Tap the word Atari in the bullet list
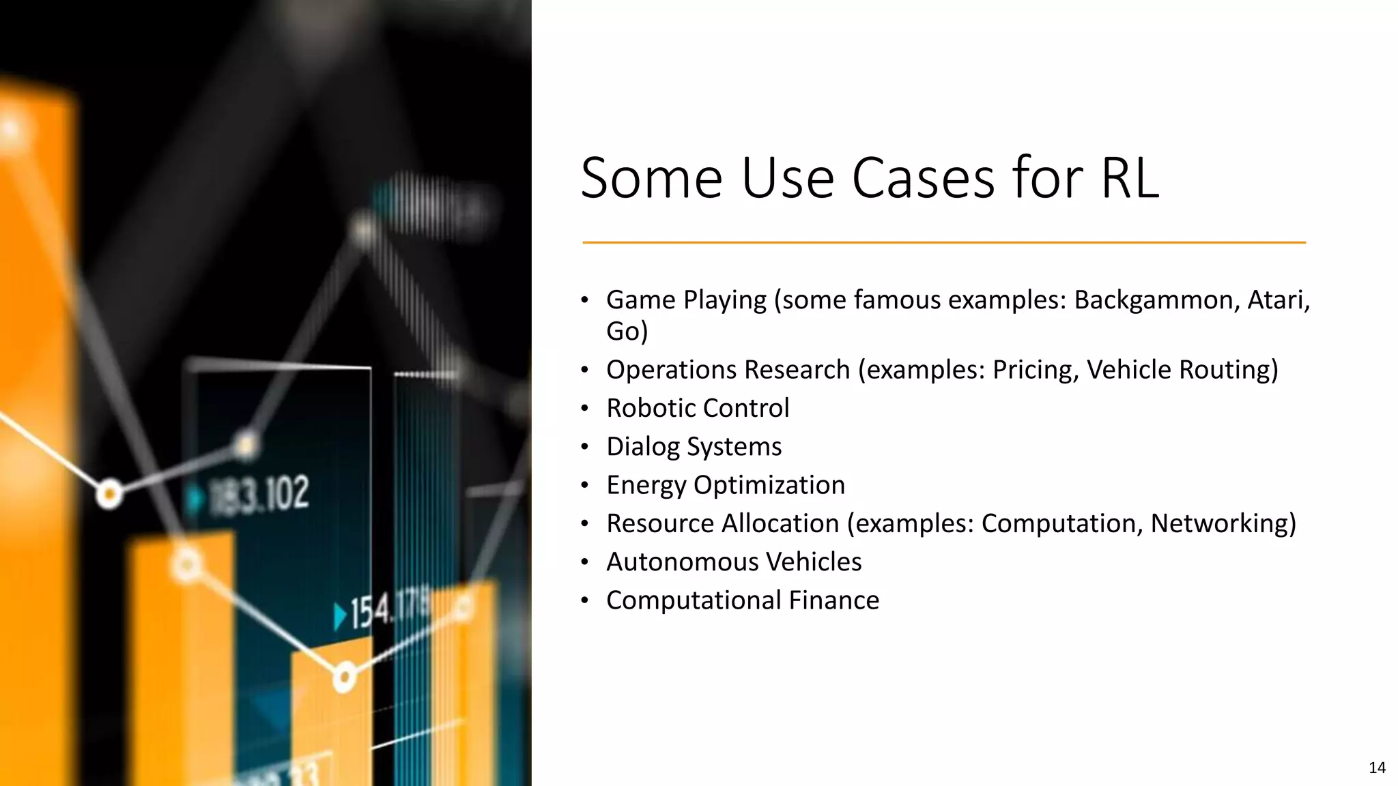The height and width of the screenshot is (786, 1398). tap(1274, 300)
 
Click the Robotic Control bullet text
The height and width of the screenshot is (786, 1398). tap(698, 408)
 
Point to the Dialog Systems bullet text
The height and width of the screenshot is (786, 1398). tap(694, 447)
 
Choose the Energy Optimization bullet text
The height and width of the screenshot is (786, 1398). tap(726, 485)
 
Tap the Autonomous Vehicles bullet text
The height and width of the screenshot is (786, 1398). tap(734, 562)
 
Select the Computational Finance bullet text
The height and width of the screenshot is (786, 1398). tap(743, 600)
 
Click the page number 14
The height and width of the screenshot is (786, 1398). tap(1377, 768)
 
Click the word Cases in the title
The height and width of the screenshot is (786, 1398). tap(924, 178)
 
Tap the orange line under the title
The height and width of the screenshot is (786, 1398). tap(943, 242)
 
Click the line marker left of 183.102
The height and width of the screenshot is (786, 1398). tap(109, 493)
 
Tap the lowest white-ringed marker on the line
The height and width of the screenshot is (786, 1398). tap(344, 678)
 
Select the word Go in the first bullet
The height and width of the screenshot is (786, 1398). tap(623, 332)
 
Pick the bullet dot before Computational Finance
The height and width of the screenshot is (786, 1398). tap(584, 601)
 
